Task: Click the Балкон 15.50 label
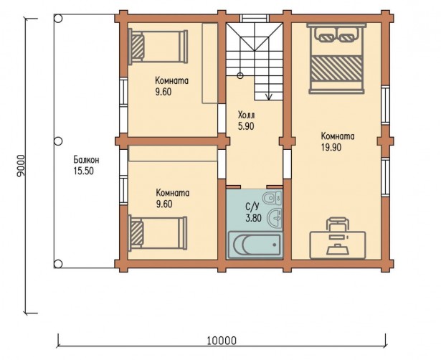point(86,165)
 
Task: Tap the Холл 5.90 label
point(246,120)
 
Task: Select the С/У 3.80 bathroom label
point(253,212)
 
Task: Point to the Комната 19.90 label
point(338,141)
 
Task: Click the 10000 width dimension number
point(222,341)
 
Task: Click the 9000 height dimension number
point(21,166)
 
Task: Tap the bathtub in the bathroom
point(255,245)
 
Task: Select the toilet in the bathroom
point(272,198)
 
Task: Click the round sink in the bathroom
point(275,218)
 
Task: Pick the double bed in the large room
point(336,58)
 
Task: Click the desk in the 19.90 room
point(338,245)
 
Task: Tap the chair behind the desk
point(338,224)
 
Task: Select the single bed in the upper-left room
point(158,46)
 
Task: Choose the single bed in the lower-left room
point(158,233)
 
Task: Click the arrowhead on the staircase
point(269,97)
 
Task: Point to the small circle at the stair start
point(240,75)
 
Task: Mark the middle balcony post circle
point(58,141)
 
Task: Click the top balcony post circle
point(58,19)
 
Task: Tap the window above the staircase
point(255,18)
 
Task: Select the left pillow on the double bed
point(326,34)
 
